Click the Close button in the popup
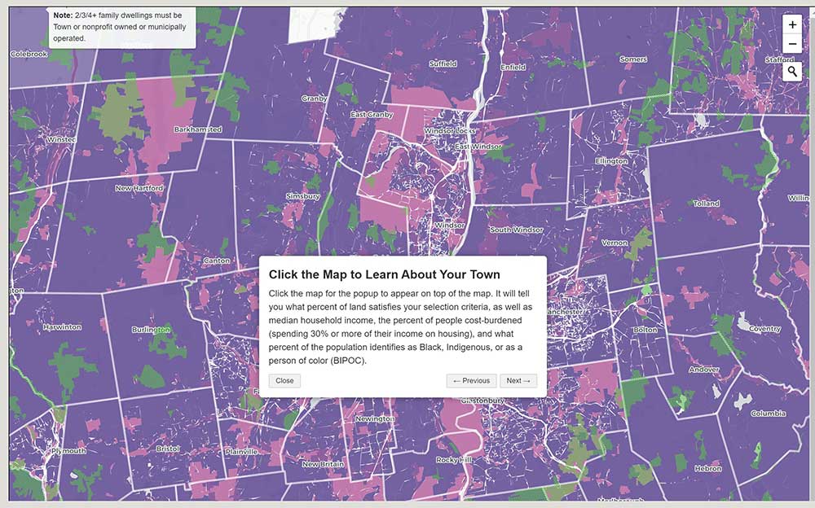click(284, 380)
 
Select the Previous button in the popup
click(471, 380)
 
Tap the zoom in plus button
click(792, 24)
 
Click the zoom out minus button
click(792, 45)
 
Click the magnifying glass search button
click(792, 72)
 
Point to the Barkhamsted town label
click(197, 129)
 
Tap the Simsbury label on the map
click(302, 196)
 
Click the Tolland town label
click(707, 204)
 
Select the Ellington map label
click(611, 161)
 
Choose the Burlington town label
click(151, 330)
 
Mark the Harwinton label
click(62, 327)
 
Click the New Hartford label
click(139, 188)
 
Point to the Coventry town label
click(764, 330)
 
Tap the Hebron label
click(707, 468)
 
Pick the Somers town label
click(633, 59)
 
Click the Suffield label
click(443, 63)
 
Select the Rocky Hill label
click(453, 460)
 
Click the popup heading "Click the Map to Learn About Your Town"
click(384, 274)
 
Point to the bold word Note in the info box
click(63, 15)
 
